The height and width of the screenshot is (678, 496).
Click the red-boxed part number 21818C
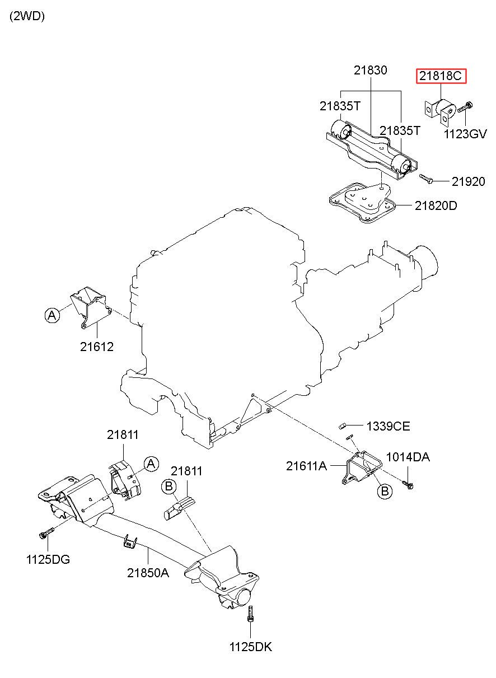(x=441, y=76)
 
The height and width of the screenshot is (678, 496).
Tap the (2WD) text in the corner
(x=27, y=16)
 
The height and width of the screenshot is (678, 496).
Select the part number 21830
(x=371, y=70)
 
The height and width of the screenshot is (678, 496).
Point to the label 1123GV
(x=465, y=134)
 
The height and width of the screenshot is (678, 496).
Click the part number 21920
(x=468, y=181)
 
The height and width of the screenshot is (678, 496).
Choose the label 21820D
(x=436, y=206)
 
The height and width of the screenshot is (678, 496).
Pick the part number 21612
(x=97, y=347)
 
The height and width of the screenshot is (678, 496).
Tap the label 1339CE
(x=389, y=427)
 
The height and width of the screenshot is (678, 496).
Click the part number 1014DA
(x=408, y=457)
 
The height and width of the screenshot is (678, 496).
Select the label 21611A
(x=307, y=466)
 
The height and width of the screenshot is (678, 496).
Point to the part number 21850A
(x=148, y=573)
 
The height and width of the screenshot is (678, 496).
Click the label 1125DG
(x=48, y=560)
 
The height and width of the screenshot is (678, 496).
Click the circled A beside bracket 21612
(x=52, y=315)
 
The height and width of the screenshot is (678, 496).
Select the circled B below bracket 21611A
(x=385, y=490)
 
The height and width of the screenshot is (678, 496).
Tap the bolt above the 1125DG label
(x=46, y=533)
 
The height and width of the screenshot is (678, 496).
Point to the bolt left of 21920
(x=426, y=179)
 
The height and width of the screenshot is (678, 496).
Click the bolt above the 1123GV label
(x=465, y=107)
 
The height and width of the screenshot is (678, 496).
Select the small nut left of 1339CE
(x=341, y=427)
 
